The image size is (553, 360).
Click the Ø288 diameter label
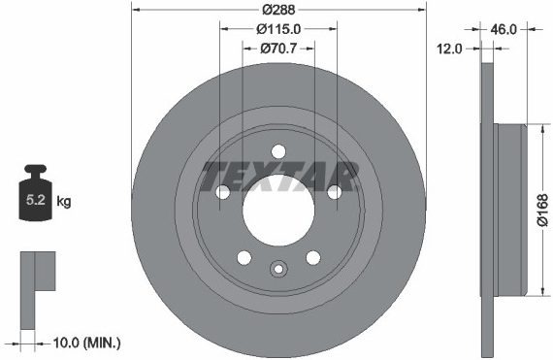(278, 10)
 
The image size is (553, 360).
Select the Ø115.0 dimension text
(278, 29)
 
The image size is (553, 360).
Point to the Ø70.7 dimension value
(278, 49)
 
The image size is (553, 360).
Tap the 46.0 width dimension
(504, 30)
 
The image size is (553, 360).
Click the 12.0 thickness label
(449, 49)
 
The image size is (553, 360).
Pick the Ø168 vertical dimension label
(543, 210)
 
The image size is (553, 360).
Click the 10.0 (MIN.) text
(86, 343)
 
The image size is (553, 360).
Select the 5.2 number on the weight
(36, 200)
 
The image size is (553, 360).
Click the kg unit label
(64, 202)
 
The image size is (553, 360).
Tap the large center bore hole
(278, 210)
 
